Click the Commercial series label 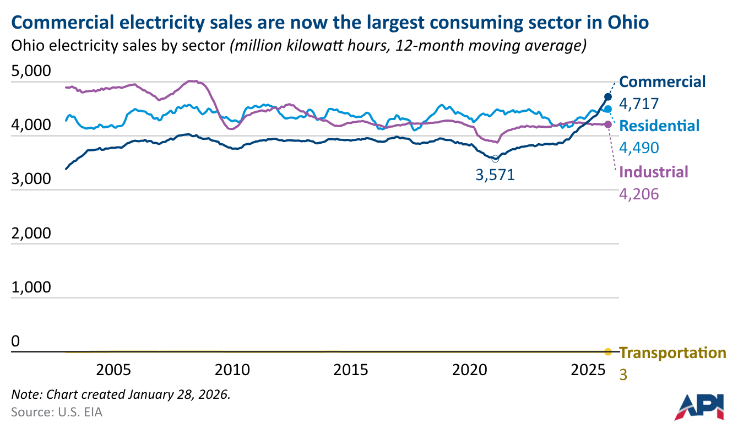click(x=663, y=82)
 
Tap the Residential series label click(x=659, y=126)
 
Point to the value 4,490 click(x=639, y=148)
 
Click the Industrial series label click(x=654, y=172)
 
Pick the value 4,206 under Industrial click(x=639, y=194)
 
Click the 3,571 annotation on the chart click(x=494, y=175)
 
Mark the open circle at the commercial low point click(x=495, y=159)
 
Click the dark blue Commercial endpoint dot click(x=608, y=97)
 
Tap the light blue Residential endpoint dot click(x=608, y=109)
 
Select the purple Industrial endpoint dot click(x=608, y=124)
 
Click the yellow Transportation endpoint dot click(x=608, y=352)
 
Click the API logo click(x=699, y=406)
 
